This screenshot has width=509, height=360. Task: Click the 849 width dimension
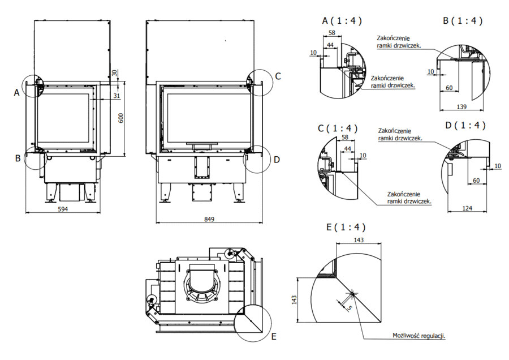[x=209, y=219]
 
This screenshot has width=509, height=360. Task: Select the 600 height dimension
[x=119, y=118]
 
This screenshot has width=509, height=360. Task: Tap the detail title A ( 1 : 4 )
[x=342, y=21]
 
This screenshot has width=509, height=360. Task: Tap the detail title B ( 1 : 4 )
[x=463, y=21]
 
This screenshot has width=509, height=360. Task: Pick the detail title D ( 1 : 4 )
[x=465, y=125]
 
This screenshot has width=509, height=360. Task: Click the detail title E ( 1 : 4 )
[x=346, y=228]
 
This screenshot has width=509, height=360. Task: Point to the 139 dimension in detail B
[x=462, y=107]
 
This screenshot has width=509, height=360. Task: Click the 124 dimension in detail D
[x=467, y=209]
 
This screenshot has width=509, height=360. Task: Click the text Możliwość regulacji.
[x=419, y=336]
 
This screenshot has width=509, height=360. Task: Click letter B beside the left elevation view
[x=18, y=158]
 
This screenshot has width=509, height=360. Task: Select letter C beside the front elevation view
[x=278, y=76]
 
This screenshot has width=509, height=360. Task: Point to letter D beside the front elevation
[x=277, y=160]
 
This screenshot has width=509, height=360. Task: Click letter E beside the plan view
[x=274, y=337]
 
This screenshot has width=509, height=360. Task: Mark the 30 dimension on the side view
[x=115, y=72]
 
